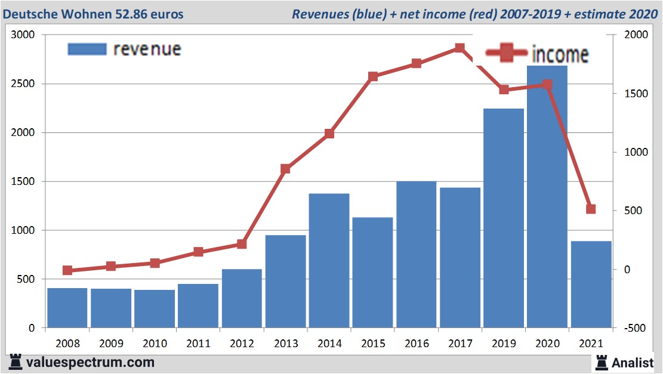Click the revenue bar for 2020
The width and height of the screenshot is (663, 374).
click(547, 197)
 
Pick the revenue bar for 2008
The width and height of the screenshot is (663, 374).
click(67, 308)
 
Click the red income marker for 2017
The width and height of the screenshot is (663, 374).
click(460, 48)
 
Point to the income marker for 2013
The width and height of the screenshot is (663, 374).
click(285, 169)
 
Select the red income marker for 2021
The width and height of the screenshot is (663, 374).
click(591, 209)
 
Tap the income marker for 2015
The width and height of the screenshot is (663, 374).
click(373, 76)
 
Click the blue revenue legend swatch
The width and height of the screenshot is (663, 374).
click(87, 49)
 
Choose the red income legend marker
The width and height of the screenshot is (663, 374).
click(507, 54)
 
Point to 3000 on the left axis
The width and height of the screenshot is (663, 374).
click(23, 35)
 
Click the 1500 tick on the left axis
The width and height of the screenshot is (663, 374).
click(23, 182)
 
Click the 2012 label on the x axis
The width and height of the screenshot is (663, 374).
click(242, 344)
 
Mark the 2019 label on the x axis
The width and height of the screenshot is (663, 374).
click(504, 344)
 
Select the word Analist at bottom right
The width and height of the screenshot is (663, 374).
click(632, 362)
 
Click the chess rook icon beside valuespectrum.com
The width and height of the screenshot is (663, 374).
click(16, 362)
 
